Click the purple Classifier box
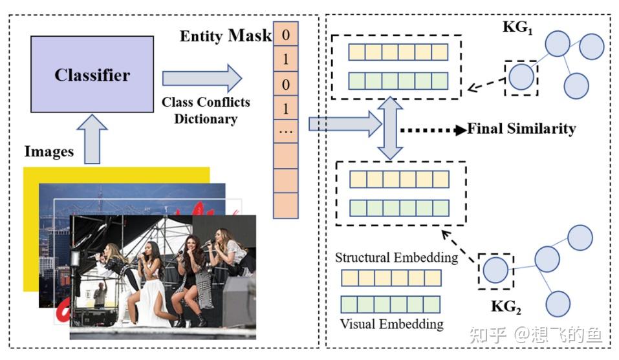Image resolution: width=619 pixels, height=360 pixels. pos(92,74)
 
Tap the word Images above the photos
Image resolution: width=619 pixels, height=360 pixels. pos(49,151)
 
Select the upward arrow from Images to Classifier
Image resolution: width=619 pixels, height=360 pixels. pos(92,138)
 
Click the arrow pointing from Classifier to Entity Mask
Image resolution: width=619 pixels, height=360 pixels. pos(201,78)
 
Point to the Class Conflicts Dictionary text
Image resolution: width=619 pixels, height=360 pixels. pos(206,111)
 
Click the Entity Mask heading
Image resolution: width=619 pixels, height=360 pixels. pos(225,36)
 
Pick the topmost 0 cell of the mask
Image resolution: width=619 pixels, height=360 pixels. pos(285,35)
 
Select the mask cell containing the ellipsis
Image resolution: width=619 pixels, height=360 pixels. pos(285,131)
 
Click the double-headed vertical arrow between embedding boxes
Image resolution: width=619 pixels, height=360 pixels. pos(391,129)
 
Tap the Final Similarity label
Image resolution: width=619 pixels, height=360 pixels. pos(521,129)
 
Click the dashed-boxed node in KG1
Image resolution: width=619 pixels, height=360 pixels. pos(521,78)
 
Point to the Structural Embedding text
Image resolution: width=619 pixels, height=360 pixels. pos(396,257)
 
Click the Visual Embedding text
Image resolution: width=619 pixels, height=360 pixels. pos(391,323)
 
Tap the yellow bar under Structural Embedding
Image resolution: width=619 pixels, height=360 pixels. pos(390,278)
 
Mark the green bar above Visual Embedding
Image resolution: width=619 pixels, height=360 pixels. pos(390,304)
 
